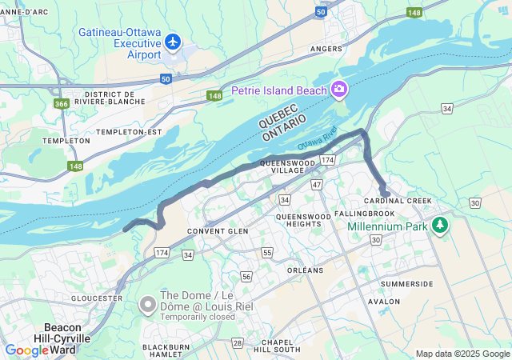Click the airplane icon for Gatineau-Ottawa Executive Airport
pos(171,41)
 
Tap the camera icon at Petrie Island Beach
pos(339,90)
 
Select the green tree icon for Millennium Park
pos(439,226)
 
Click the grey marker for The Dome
pos(147,305)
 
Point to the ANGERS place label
pos(326,49)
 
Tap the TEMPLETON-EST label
pos(129,131)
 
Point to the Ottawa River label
pos(318,141)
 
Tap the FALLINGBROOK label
pos(365,214)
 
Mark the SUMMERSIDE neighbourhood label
pos(406,284)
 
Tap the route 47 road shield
pos(317,185)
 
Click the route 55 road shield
pos(267,253)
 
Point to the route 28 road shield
pos(238,342)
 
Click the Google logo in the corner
pos(28,350)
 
